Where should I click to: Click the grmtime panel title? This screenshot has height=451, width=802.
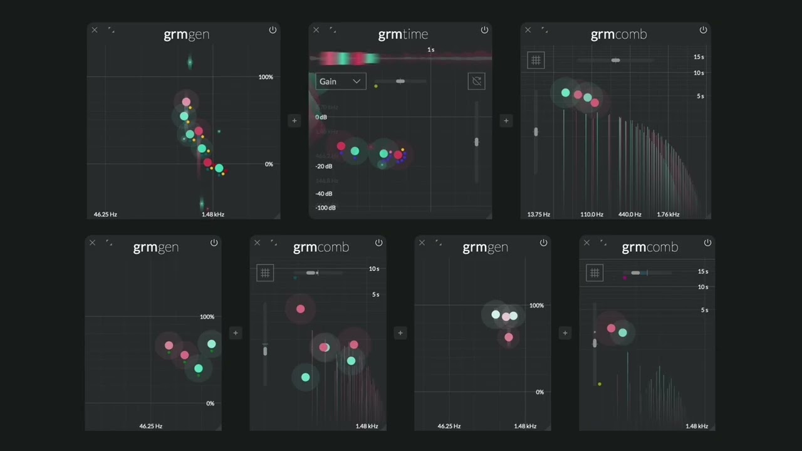tap(403, 34)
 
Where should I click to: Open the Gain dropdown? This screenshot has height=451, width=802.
tap(340, 81)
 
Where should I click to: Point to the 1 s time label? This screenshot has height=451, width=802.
tap(430, 49)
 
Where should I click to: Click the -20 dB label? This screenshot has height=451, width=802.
tap(324, 167)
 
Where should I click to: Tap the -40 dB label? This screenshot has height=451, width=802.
tap(324, 194)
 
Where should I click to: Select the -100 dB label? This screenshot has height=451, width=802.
tap(325, 208)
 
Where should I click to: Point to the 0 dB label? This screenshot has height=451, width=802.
tap(321, 117)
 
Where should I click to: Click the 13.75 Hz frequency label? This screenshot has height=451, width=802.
tap(538, 214)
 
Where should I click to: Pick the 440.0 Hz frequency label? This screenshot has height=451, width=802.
tap(630, 214)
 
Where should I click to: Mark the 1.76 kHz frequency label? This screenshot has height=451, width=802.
tap(668, 214)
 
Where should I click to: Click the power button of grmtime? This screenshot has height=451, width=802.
tap(484, 30)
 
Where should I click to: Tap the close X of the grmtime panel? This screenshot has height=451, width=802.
tap(316, 29)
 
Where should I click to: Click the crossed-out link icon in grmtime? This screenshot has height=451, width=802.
tap(476, 81)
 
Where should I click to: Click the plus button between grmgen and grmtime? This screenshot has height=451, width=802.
tap(294, 121)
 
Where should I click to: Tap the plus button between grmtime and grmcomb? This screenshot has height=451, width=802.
tap(506, 121)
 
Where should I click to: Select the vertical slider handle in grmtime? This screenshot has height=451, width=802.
tap(477, 142)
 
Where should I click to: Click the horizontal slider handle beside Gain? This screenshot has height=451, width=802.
tap(400, 81)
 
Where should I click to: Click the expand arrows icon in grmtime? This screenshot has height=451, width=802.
tap(333, 29)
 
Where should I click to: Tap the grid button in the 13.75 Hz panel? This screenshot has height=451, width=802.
tap(536, 60)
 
